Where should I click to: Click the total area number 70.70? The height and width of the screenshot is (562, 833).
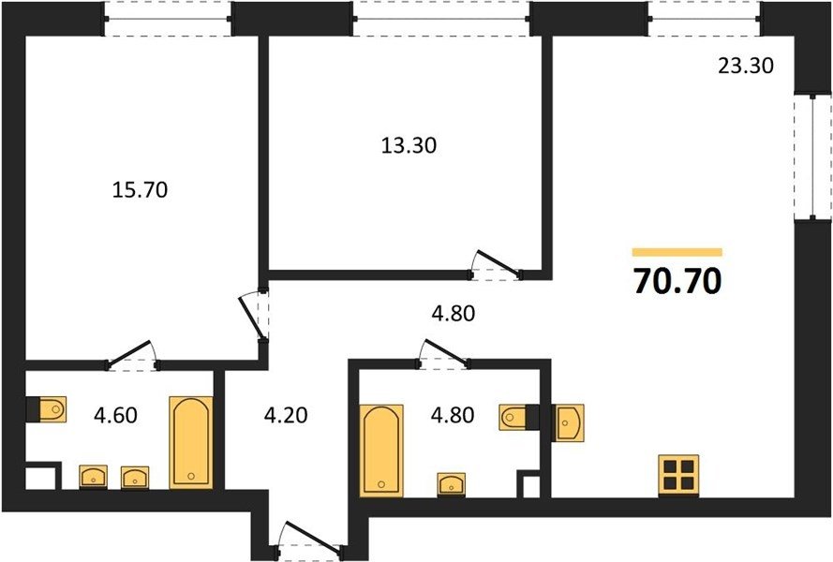click(677, 281)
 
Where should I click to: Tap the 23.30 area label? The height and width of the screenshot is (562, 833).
click(746, 66)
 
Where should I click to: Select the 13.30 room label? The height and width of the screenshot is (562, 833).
click(409, 145)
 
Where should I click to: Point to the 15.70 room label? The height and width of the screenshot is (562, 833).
click(141, 189)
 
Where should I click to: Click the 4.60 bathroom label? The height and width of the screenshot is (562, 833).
click(116, 415)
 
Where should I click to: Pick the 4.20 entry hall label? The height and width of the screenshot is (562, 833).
click(286, 415)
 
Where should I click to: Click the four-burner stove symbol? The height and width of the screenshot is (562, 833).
click(678, 476)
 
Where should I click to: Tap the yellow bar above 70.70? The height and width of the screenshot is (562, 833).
click(677, 252)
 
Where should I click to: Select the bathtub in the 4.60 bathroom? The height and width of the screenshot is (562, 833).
click(191, 442)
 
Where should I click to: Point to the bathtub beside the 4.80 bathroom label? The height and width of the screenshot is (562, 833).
click(381, 451)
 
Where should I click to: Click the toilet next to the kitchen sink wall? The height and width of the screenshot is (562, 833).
click(513, 417)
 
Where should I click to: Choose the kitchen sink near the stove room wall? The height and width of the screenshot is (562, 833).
click(570, 422)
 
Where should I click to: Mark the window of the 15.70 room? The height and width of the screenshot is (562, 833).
click(168, 19)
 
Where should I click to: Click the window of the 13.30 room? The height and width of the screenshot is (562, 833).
click(441, 19)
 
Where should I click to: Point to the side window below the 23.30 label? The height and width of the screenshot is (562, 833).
click(812, 156)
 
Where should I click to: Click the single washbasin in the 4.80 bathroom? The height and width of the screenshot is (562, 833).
click(452, 484)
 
